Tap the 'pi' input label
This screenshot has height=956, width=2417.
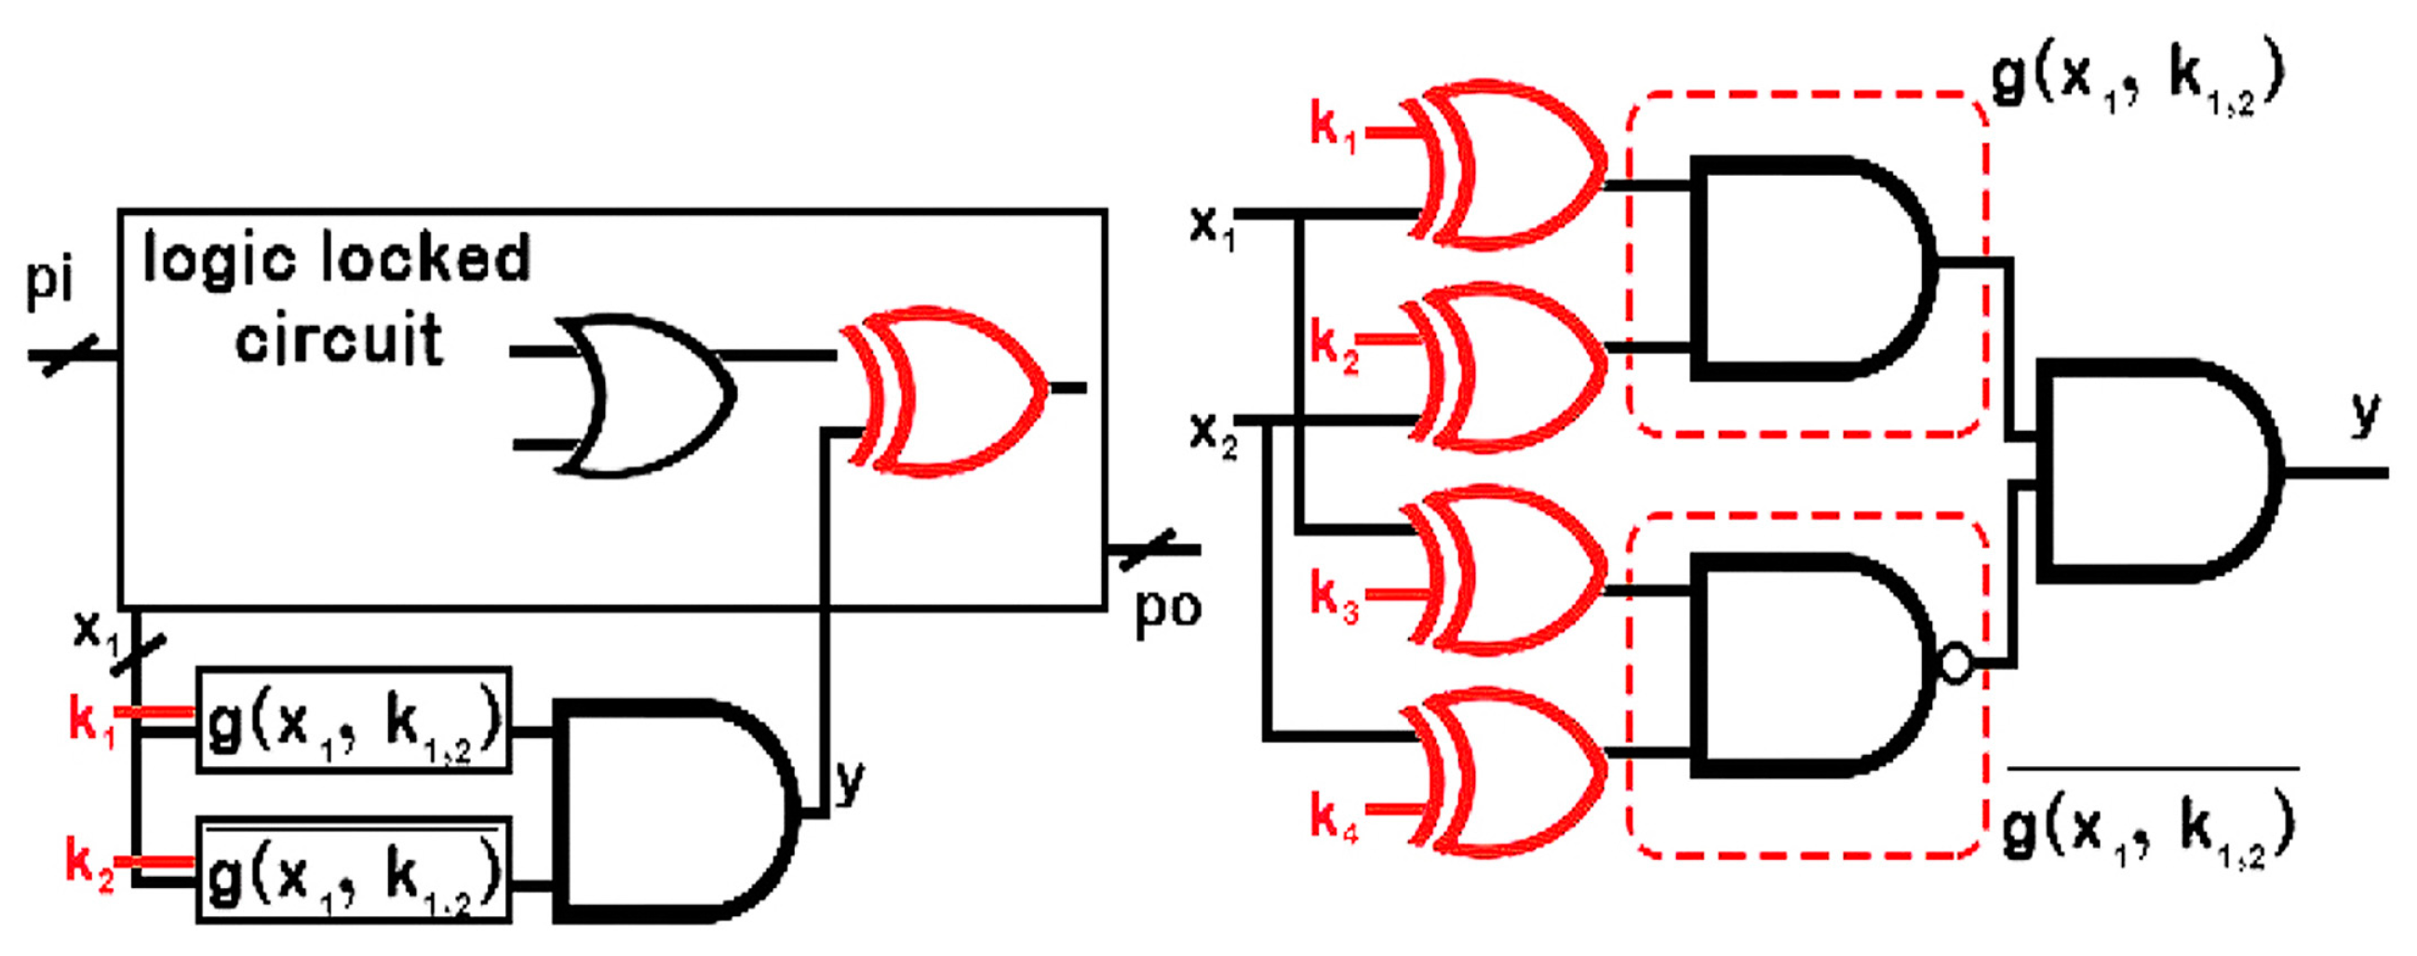pos(48,281)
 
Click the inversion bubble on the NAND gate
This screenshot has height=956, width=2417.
pos(1955,664)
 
